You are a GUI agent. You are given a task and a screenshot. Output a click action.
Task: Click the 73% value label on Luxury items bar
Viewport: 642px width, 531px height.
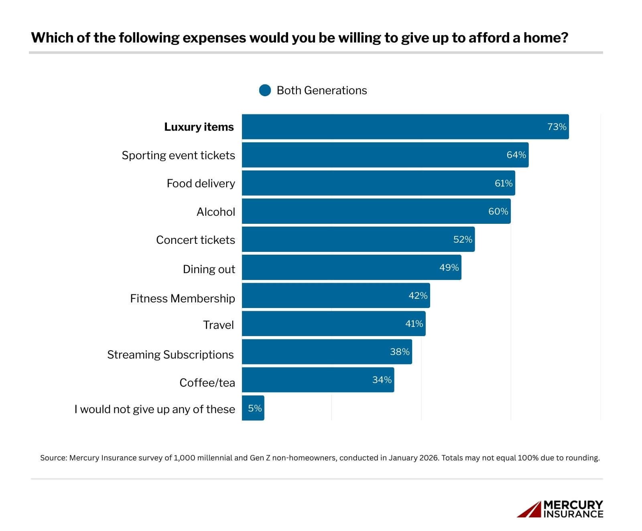[x=557, y=127]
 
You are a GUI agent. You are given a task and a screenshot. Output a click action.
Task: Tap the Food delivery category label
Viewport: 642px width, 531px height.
[x=201, y=184]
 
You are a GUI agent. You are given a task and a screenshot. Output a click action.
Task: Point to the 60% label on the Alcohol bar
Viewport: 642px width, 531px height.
[x=498, y=211]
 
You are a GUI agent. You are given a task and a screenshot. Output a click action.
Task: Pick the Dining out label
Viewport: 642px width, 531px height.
[x=209, y=269]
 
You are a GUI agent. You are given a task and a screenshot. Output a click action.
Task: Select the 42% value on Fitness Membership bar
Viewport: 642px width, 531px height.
[x=418, y=296]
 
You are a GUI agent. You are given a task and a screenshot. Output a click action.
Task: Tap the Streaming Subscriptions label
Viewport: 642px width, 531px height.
[x=170, y=355]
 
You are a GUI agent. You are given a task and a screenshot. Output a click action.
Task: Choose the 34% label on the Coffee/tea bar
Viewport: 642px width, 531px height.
[x=382, y=380]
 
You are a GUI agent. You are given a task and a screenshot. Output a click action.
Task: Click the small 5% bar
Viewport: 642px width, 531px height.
[x=253, y=408]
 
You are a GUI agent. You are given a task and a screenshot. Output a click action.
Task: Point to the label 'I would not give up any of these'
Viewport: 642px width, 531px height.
[x=154, y=409]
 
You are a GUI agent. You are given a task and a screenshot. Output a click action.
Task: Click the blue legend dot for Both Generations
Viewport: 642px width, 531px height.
[x=265, y=90]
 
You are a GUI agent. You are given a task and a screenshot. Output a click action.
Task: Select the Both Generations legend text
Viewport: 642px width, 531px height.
[x=322, y=90]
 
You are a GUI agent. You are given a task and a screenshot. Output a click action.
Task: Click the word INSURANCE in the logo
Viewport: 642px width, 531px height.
[x=573, y=514]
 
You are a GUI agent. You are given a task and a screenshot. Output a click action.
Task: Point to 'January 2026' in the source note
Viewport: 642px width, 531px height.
[x=413, y=458]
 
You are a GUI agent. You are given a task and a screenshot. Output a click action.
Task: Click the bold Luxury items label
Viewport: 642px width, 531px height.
[x=199, y=127]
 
